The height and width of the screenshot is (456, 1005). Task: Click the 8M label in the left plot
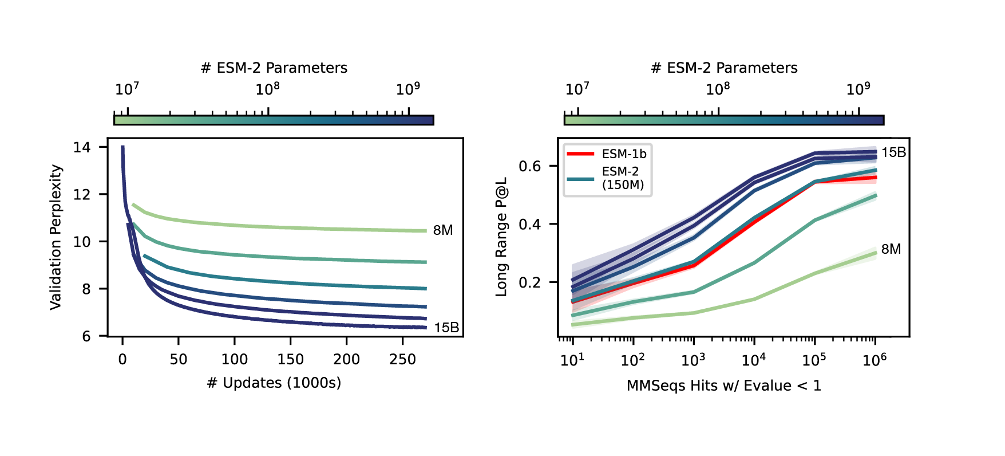pyautogui.click(x=442, y=230)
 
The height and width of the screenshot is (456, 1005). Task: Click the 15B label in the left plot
pyautogui.click(x=446, y=328)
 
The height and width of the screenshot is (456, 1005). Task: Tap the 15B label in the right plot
pyautogui.click(x=893, y=152)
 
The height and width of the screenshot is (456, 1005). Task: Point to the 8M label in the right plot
pyautogui.click(x=891, y=249)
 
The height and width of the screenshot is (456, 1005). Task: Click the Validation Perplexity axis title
pyautogui.click(x=56, y=237)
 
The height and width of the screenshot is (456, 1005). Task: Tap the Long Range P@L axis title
pyautogui.click(x=501, y=237)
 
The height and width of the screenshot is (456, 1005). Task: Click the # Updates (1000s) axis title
pyautogui.click(x=274, y=383)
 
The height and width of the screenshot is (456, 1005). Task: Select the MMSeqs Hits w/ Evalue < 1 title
pyautogui.click(x=723, y=386)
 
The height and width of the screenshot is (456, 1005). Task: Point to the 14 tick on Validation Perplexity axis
pyautogui.click(x=82, y=147)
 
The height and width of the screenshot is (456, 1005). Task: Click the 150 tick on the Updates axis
pyautogui.click(x=290, y=360)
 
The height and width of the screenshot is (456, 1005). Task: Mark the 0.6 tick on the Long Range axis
pyautogui.click(x=529, y=166)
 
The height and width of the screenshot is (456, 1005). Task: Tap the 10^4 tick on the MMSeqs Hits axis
pyautogui.click(x=754, y=360)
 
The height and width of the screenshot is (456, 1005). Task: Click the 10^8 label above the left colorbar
pyautogui.click(x=267, y=89)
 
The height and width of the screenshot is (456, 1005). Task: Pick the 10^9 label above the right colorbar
pyautogui.click(x=858, y=89)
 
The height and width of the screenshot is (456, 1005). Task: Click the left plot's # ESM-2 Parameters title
pyautogui.click(x=274, y=68)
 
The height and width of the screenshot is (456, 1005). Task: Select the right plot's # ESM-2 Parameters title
pyautogui.click(x=724, y=68)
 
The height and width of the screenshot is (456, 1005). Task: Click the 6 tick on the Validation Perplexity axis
pyautogui.click(x=86, y=336)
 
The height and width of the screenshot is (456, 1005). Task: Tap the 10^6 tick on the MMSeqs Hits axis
pyautogui.click(x=875, y=360)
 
